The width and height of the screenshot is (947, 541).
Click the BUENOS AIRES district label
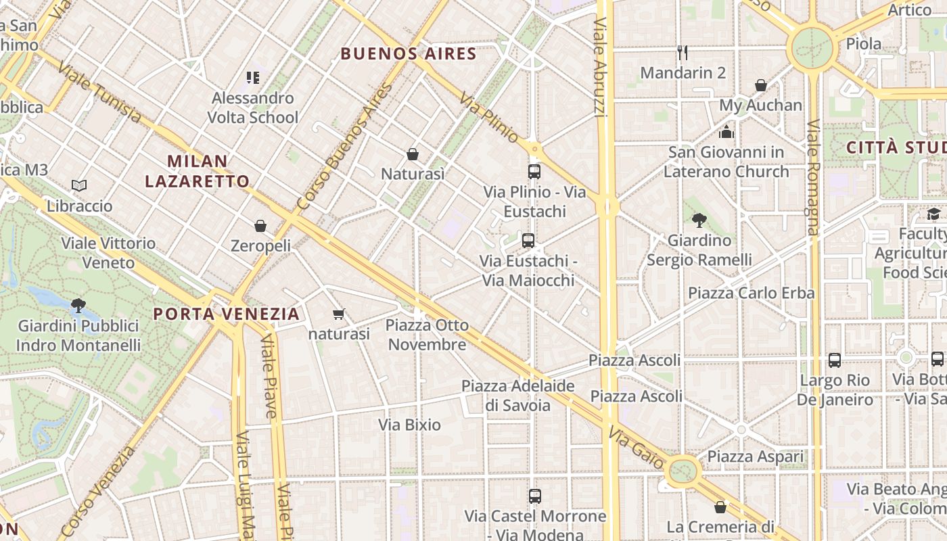point(409,53)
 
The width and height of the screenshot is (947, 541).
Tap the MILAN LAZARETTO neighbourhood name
point(197,171)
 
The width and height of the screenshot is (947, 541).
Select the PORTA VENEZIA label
point(226,314)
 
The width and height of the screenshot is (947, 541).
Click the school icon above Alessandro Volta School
point(253,78)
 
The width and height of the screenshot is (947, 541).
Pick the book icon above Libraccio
point(79,185)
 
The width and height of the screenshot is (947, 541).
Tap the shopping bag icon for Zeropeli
point(260,226)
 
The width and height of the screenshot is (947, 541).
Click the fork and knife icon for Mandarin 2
point(683,52)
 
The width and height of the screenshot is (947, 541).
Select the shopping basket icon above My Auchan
point(761,85)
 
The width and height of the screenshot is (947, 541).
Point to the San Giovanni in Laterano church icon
point(726,132)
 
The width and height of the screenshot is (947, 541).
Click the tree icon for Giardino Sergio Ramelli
point(699,220)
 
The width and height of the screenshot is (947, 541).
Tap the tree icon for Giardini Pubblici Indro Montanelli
point(78,306)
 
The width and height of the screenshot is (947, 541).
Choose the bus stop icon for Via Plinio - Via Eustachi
point(534,172)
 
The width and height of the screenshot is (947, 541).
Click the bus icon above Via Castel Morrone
point(535,496)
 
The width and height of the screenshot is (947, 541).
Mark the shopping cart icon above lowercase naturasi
point(339,314)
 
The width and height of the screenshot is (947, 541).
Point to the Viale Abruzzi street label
point(600,68)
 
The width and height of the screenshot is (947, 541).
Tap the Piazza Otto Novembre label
point(427,335)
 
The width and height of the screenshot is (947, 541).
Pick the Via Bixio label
point(409,425)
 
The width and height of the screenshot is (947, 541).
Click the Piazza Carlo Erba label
point(751,293)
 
